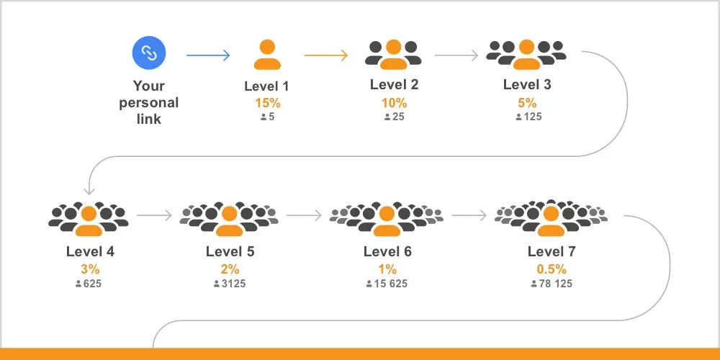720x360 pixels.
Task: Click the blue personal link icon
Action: [x=149, y=53]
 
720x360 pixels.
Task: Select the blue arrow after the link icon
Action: [x=208, y=55]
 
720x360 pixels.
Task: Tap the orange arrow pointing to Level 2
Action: [x=326, y=55]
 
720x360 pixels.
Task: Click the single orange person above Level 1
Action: [x=267, y=55]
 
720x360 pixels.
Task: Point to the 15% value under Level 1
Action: [x=268, y=103]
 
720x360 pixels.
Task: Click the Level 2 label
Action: [x=395, y=84]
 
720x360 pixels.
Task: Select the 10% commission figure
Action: [x=394, y=103]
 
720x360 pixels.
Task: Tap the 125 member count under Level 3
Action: [x=528, y=117]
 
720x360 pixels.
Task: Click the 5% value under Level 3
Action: [x=527, y=103]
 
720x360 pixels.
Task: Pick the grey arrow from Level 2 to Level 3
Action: [x=456, y=55]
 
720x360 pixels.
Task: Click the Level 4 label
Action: [x=91, y=251]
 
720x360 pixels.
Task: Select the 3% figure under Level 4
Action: [x=90, y=269]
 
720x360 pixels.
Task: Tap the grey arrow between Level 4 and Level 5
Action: [x=154, y=215]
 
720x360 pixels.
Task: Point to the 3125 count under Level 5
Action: [x=230, y=284]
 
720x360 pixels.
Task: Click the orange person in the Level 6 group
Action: [x=387, y=221]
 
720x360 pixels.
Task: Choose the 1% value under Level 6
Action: [x=387, y=269]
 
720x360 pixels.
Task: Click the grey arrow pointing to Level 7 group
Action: [x=469, y=215]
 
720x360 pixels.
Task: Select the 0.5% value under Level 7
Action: [x=552, y=269]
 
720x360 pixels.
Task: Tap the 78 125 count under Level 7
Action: [x=552, y=284]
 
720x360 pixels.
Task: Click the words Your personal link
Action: [x=149, y=102]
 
